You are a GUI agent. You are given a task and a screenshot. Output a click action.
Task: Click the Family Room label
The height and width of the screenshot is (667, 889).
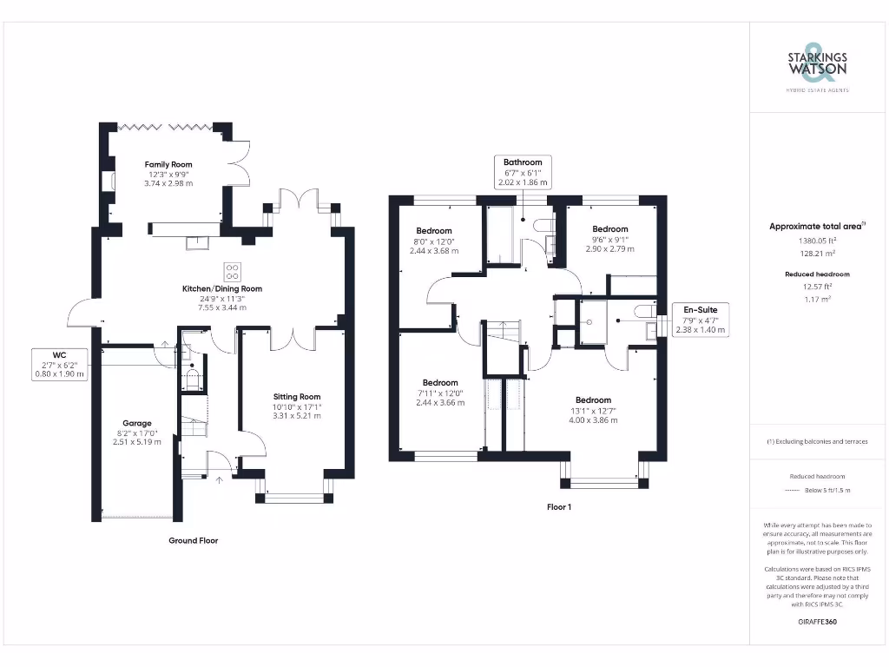(168, 164)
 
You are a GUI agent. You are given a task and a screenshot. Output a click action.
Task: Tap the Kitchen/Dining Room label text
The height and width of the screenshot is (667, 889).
(221, 288)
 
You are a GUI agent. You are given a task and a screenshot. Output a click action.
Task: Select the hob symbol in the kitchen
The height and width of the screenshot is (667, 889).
(233, 269)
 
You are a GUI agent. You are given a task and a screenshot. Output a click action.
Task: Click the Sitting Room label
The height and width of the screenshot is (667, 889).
(297, 397)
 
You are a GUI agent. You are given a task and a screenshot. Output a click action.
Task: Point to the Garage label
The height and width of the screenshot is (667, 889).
(136, 423)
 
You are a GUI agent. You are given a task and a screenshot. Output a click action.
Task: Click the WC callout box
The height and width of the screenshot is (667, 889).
(60, 364)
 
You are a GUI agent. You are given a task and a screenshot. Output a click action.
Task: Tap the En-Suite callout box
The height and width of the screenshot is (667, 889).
(701, 320)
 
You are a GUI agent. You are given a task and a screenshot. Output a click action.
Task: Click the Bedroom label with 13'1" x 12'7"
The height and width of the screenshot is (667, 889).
(593, 400)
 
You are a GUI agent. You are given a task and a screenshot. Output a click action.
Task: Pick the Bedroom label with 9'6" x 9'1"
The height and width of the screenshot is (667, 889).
(609, 229)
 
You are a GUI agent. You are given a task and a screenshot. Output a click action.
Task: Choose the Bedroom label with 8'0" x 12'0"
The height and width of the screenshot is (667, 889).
(433, 231)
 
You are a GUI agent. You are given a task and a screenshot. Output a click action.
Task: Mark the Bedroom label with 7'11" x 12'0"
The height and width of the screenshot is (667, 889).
(440, 383)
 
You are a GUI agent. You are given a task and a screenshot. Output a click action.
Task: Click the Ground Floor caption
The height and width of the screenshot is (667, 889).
(193, 540)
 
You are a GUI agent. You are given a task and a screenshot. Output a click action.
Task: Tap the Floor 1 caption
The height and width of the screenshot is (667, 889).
(558, 506)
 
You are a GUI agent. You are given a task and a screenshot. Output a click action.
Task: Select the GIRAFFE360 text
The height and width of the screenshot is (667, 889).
(817, 622)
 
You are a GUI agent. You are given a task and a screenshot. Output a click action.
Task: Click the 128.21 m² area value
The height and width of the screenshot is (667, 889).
(816, 254)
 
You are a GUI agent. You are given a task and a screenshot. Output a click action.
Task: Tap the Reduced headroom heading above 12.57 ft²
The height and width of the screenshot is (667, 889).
(816, 274)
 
